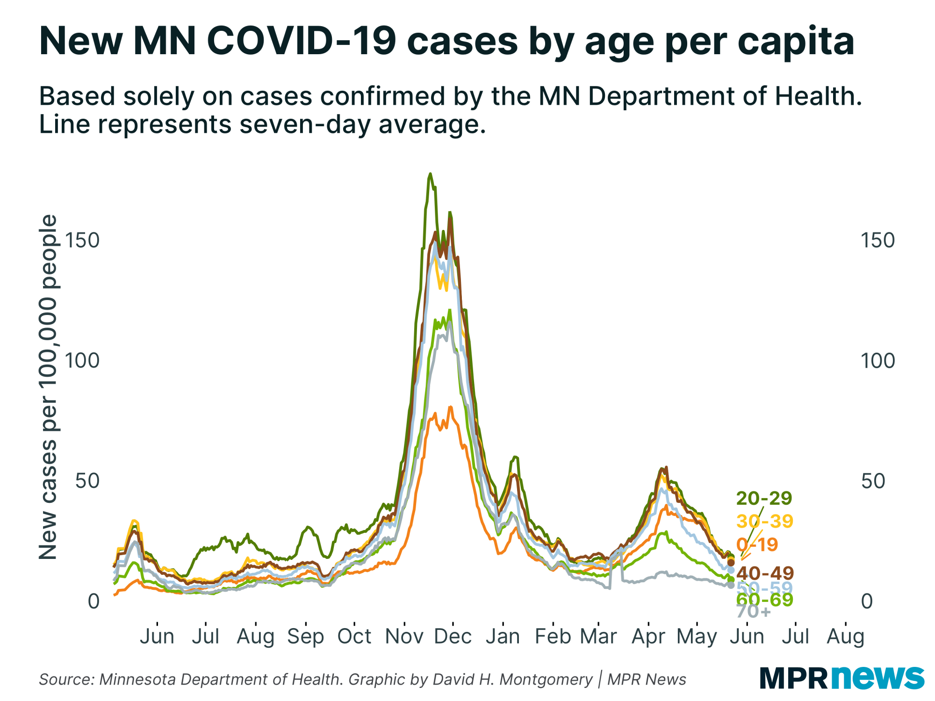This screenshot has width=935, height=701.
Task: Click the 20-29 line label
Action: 764,498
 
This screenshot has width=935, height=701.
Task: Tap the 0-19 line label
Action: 757,544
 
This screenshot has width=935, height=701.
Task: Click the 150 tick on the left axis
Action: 82,240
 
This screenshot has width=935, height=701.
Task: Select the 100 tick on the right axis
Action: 877,361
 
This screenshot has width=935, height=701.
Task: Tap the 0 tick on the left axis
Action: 93,601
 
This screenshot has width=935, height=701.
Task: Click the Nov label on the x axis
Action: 404,637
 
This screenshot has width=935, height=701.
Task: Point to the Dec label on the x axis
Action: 453,637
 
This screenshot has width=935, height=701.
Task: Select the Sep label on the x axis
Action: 305,637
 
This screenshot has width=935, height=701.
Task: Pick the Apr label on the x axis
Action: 648,637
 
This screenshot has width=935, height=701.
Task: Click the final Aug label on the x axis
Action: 845,637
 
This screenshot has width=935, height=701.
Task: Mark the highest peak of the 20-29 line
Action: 430,174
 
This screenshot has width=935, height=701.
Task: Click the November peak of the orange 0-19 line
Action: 450,408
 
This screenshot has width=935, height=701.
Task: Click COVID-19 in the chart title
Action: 302,41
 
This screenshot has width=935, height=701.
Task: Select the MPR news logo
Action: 842,677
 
